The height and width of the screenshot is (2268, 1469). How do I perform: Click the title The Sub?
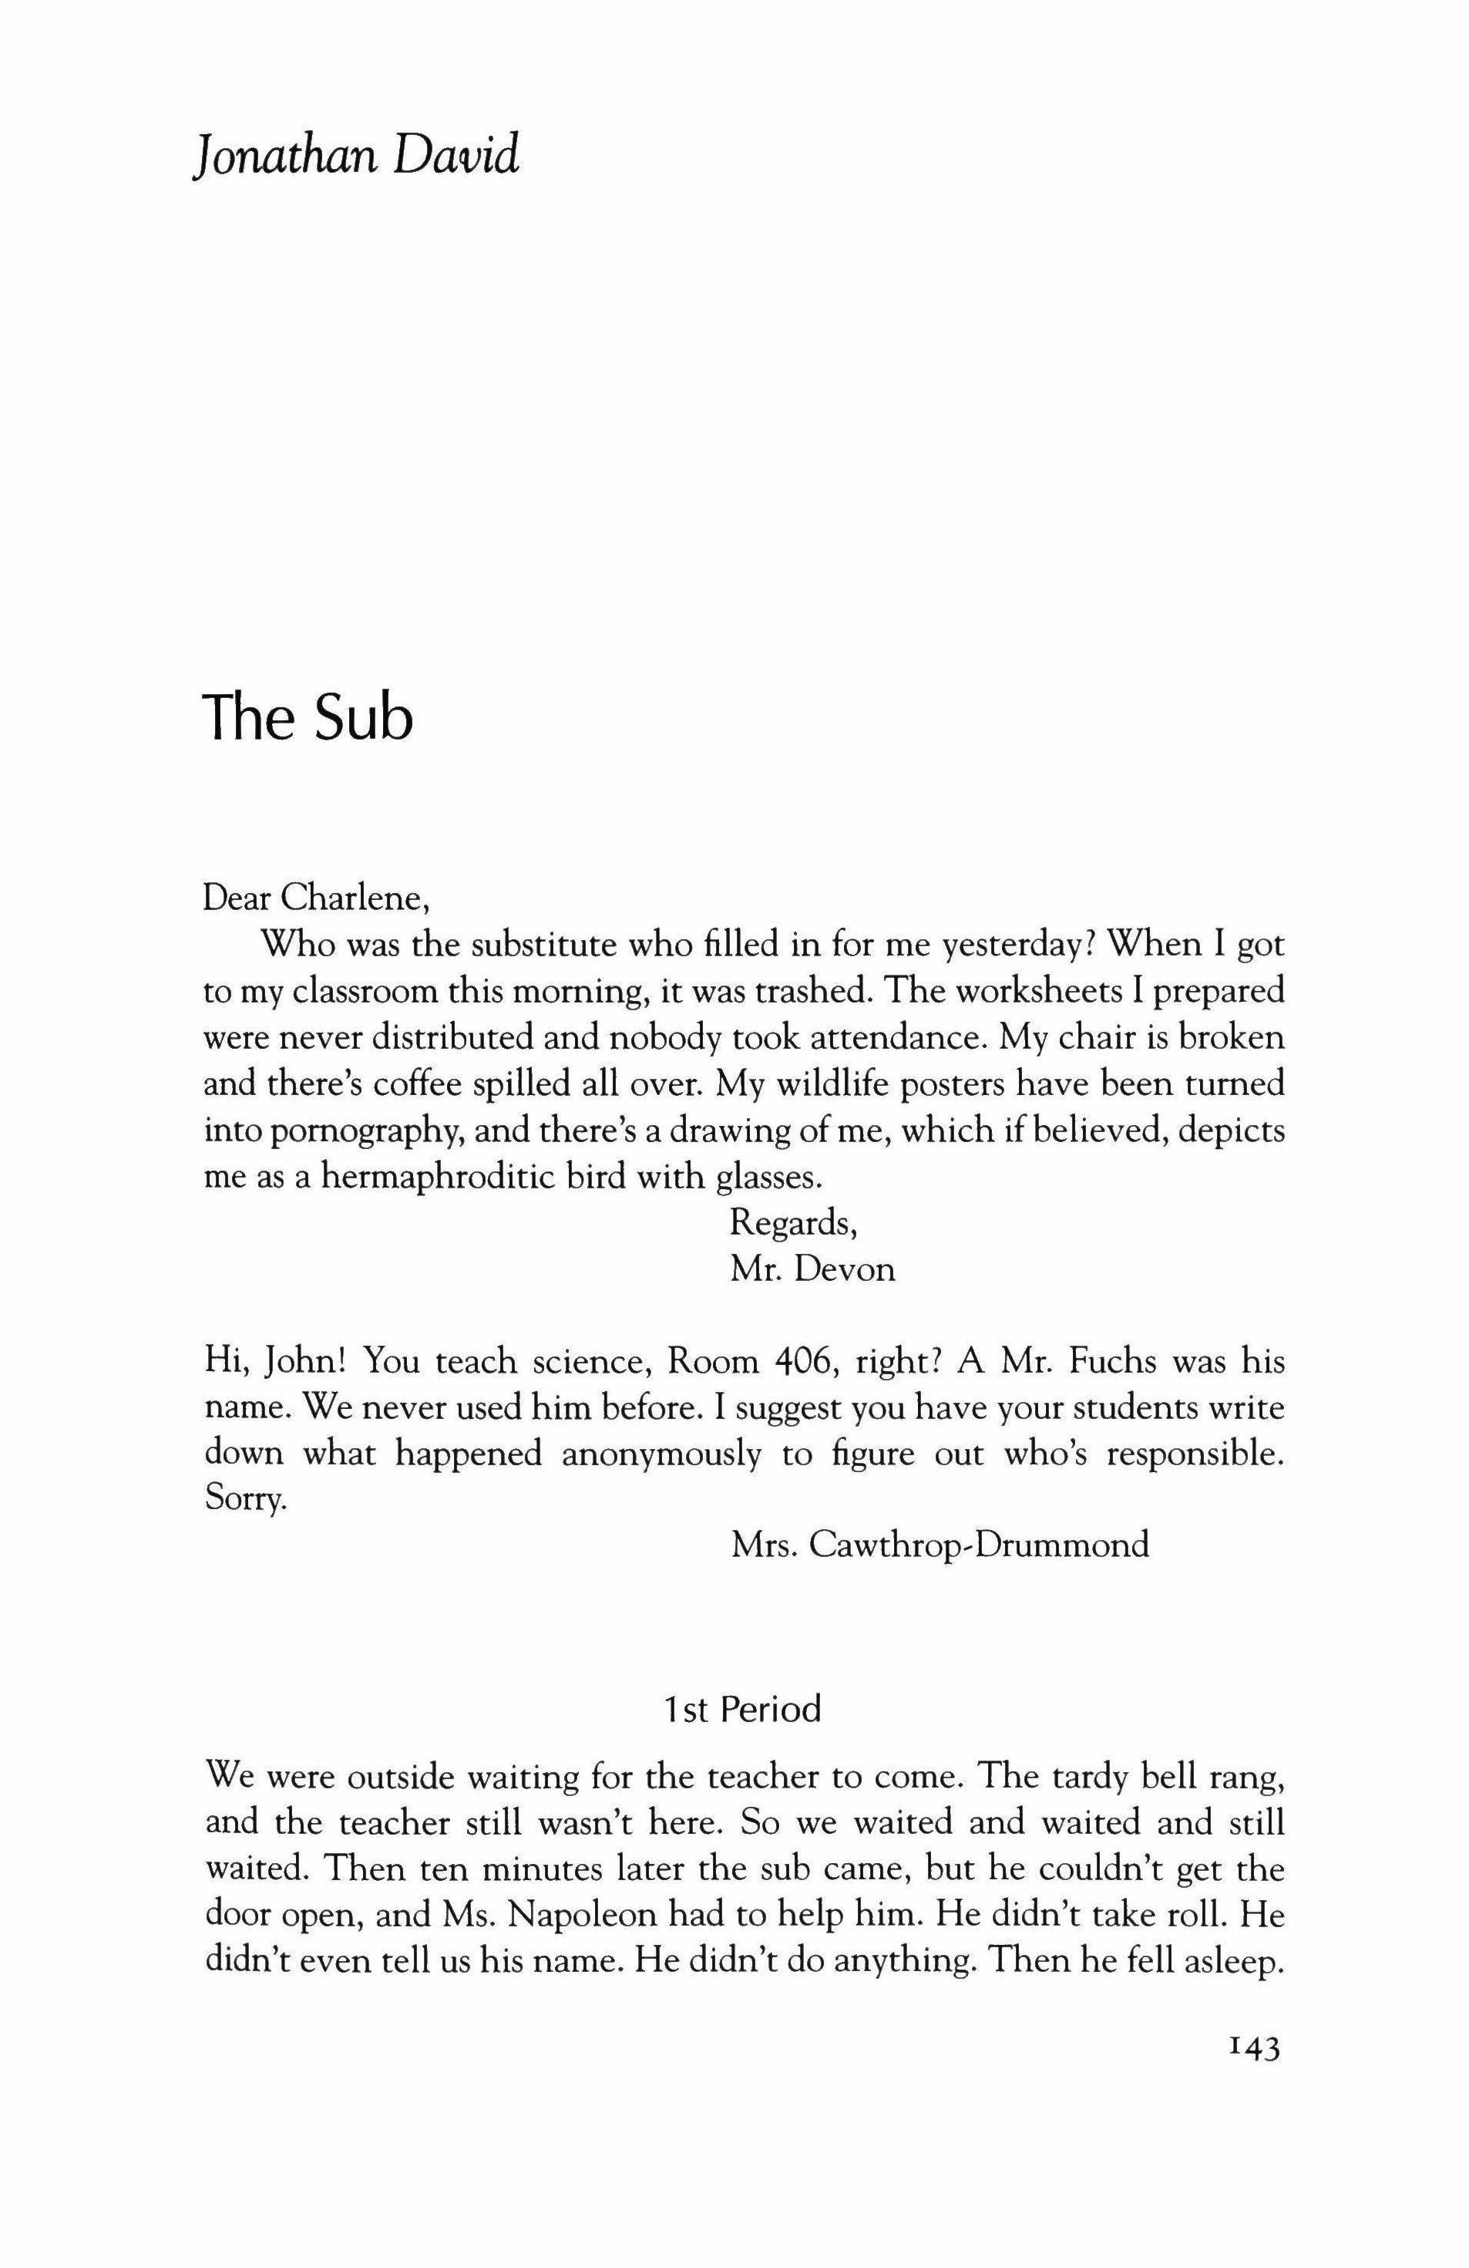coord(308,717)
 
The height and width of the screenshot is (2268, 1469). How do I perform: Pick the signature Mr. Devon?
coord(812,1269)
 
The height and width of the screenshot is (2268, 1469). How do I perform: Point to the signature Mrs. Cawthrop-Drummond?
coord(940,1544)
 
